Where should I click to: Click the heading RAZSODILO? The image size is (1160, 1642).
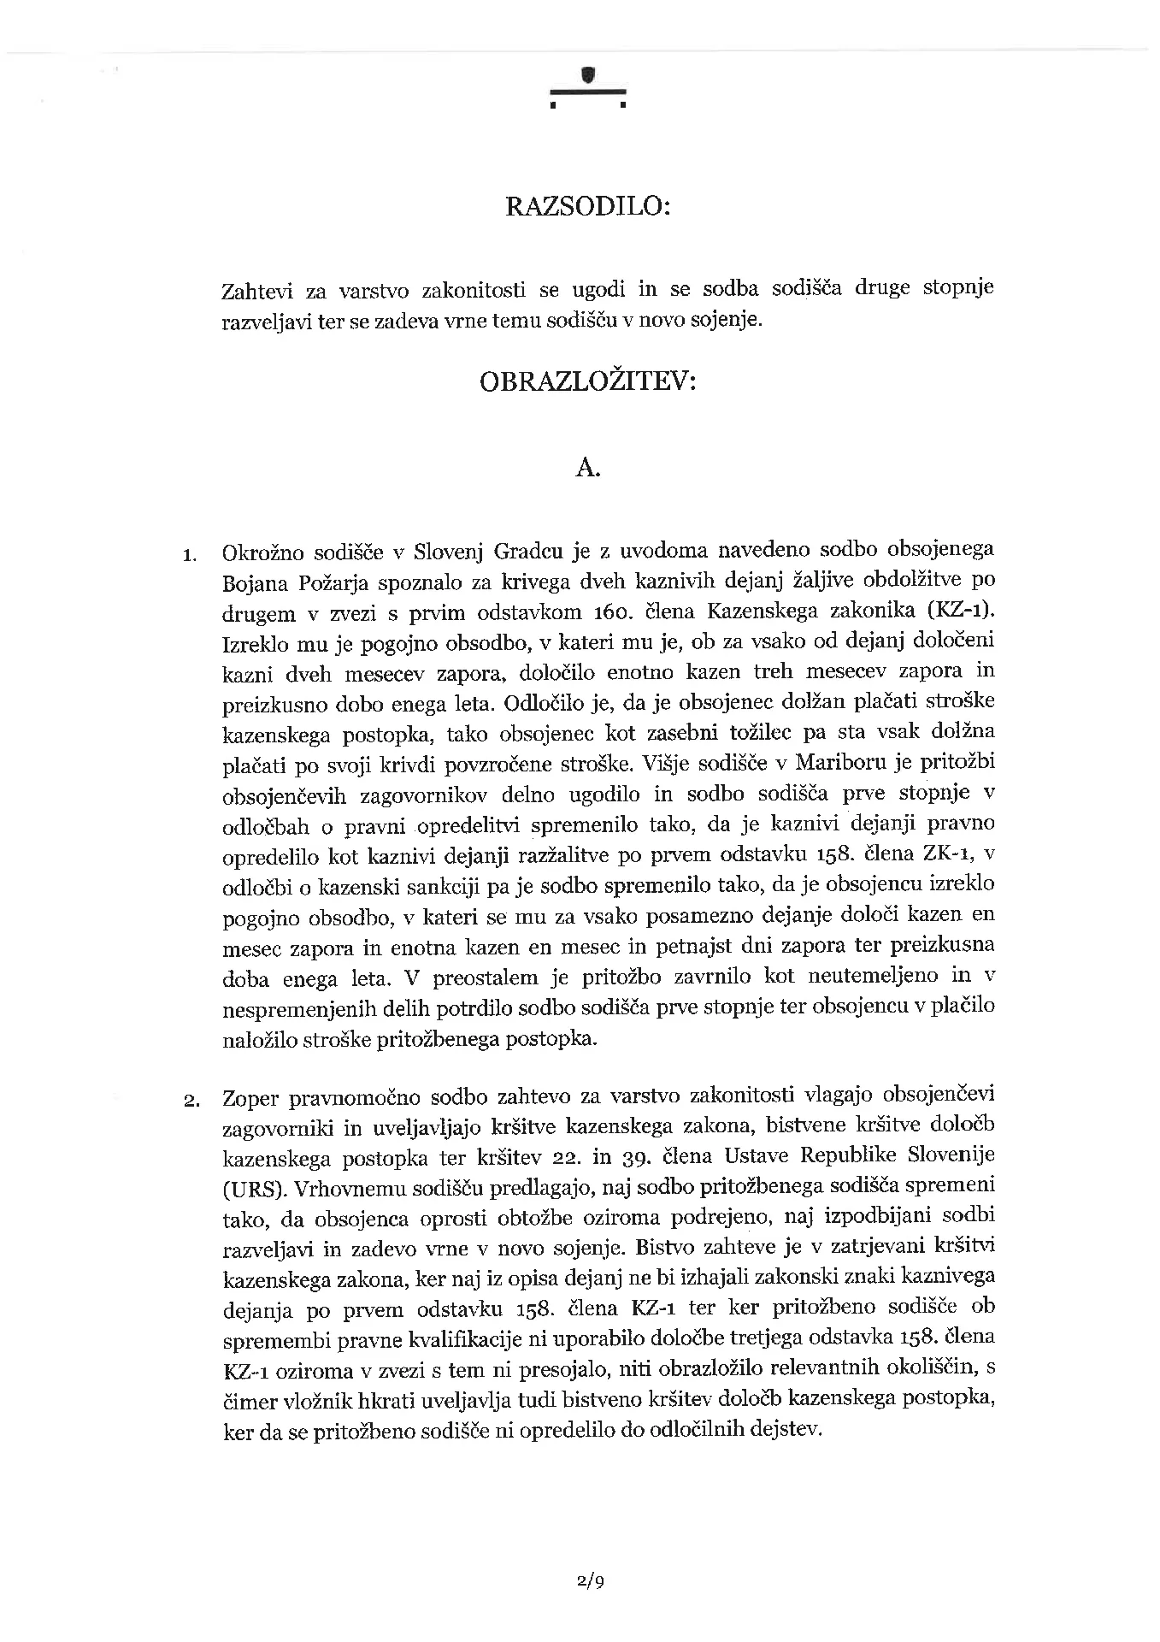(588, 207)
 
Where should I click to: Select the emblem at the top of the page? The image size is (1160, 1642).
(587, 88)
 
